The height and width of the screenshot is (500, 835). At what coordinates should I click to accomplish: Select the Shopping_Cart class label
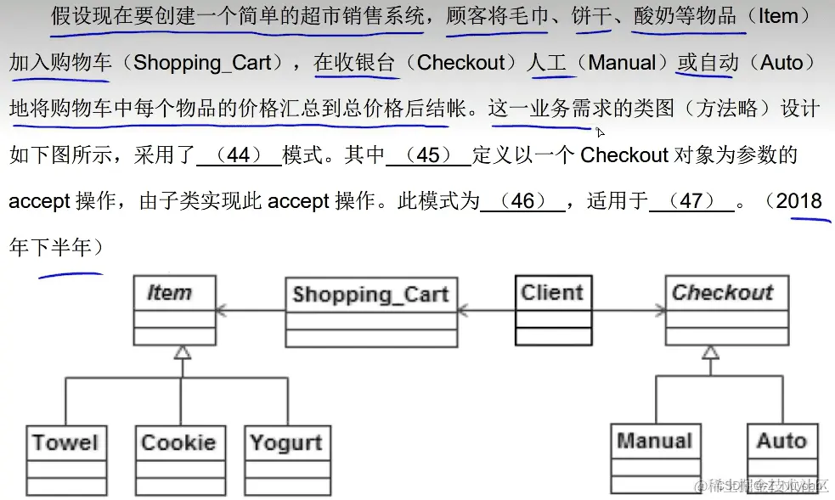coord(370,295)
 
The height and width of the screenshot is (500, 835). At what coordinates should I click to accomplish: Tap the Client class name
coord(552,293)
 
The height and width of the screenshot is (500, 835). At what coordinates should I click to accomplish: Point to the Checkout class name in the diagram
coord(723,293)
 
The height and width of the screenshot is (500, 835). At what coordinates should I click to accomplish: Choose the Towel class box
coord(65,442)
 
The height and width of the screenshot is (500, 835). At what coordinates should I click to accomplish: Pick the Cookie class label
coord(178,442)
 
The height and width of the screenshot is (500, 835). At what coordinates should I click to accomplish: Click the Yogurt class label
coord(286,442)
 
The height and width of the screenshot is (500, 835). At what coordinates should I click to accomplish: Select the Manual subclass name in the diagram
coord(654,441)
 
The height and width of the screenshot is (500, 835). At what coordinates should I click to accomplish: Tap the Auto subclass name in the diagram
coord(781,441)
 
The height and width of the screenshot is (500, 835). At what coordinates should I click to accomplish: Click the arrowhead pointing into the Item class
coord(223,311)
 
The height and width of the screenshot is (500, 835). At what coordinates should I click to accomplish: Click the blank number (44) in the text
coord(239,155)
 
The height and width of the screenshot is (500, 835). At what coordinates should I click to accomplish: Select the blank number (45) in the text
coord(428,155)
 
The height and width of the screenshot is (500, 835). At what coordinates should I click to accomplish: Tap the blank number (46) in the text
coord(522,201)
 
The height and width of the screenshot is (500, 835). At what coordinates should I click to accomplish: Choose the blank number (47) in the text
coord(691,201)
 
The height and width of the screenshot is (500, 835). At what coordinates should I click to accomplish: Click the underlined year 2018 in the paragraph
coord(798,201)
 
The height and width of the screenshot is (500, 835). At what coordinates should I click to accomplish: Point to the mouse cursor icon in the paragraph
coord(600,132)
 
